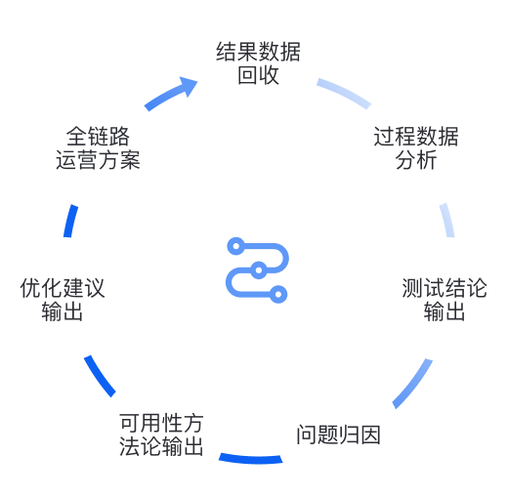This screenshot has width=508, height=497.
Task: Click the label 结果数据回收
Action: coord(258,63)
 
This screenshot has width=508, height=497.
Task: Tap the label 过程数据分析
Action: coord(416,148)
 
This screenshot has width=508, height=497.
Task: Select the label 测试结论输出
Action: coord(444,300)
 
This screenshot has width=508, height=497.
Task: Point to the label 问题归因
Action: coord(338,435)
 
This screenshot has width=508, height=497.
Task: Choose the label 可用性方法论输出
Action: coord(161,435)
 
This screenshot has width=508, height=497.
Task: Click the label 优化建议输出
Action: coord(63,300)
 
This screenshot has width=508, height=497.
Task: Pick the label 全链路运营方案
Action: coord(98,148)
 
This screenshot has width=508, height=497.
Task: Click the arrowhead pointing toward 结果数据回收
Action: coord(189,85)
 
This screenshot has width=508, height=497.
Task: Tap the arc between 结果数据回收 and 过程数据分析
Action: coord(345,93)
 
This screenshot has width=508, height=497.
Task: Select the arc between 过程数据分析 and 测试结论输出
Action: coord(448,220)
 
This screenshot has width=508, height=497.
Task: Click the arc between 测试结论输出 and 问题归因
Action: coord(414,385)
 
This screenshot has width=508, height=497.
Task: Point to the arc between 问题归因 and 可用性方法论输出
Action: coord(251,459)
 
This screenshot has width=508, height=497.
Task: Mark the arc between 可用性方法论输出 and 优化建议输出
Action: coord(99,377)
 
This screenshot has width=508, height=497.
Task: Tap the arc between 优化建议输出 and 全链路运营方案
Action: coord(70,221)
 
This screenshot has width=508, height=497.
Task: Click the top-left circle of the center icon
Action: coord(236,246)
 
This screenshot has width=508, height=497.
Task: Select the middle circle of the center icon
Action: coord(259,270)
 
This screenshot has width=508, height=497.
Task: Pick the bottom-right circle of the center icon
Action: coord(278,294)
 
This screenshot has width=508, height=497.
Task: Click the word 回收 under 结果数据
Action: coord(258,75)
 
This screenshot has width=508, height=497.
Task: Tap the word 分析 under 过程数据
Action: coord(416,160)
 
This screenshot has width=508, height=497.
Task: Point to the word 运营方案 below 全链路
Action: coord(98,160)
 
